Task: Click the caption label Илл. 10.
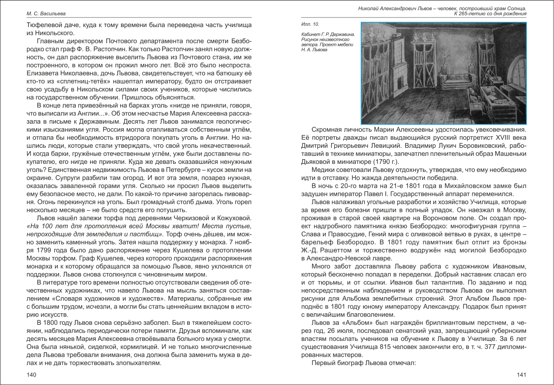click(308, 24)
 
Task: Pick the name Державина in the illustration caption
click(343, 34)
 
